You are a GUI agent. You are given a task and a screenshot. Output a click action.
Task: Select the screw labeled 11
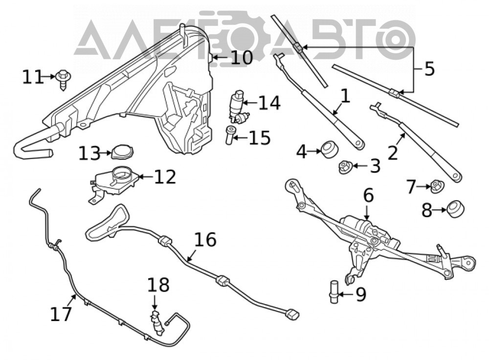(63, 80)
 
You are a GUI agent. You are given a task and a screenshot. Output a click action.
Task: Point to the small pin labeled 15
(229, 135)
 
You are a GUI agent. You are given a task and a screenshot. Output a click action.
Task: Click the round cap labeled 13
(122, 152)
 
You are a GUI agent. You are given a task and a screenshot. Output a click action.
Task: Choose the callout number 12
(165, 177)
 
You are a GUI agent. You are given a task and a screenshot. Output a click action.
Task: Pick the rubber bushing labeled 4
(330, 150)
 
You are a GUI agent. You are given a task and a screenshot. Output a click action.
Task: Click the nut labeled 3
(346, 166)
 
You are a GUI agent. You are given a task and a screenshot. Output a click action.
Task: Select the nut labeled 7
(437, 186)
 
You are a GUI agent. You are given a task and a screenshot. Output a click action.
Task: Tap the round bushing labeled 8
(456, 209)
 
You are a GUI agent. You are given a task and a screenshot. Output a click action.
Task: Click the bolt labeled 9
(334, 292)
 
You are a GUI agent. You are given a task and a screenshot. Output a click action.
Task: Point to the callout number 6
(368, 196)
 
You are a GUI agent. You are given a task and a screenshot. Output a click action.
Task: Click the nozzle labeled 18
(157, 323)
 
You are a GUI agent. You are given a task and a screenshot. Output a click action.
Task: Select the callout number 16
(205, 240)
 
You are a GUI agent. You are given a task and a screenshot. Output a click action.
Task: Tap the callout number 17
(61, 314)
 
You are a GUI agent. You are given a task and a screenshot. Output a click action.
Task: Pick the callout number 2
(393, 153)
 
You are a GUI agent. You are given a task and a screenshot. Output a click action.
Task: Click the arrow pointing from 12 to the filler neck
(146, 177)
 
